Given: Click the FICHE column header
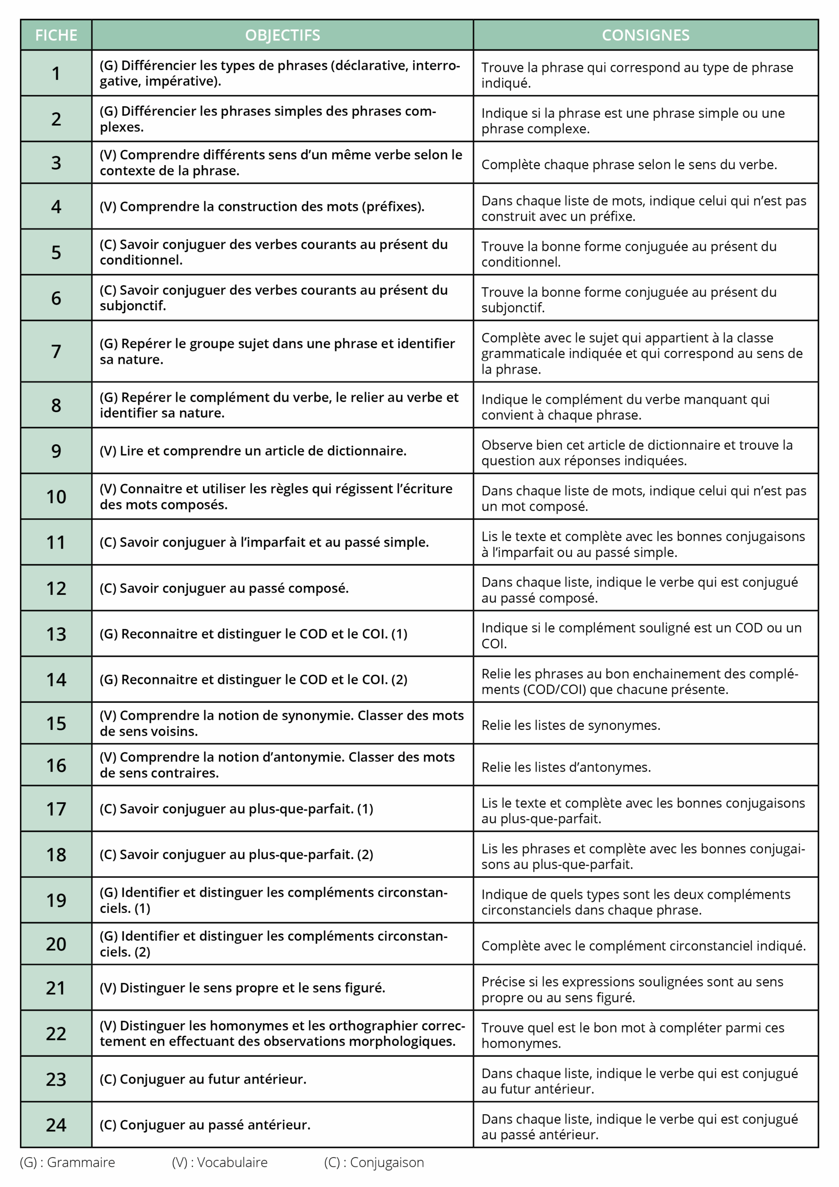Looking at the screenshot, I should [56, 35].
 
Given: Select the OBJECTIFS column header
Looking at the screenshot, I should [282, 35].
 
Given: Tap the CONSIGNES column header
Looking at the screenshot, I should [645, 35].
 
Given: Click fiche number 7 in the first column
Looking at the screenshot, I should [56, 351].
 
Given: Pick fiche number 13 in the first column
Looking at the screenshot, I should [56, 634].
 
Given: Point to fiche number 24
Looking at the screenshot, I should [56, 1125].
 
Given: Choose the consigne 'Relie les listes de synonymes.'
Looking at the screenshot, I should [571, 725].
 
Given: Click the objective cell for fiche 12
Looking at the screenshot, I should [224, 588].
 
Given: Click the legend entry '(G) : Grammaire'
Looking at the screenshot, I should [67, 1163].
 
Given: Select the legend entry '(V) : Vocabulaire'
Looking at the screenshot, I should [220, 1163].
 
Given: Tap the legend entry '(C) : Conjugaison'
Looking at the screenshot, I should [374, 1163].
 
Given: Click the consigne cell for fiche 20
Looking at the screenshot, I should [643, 946].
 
